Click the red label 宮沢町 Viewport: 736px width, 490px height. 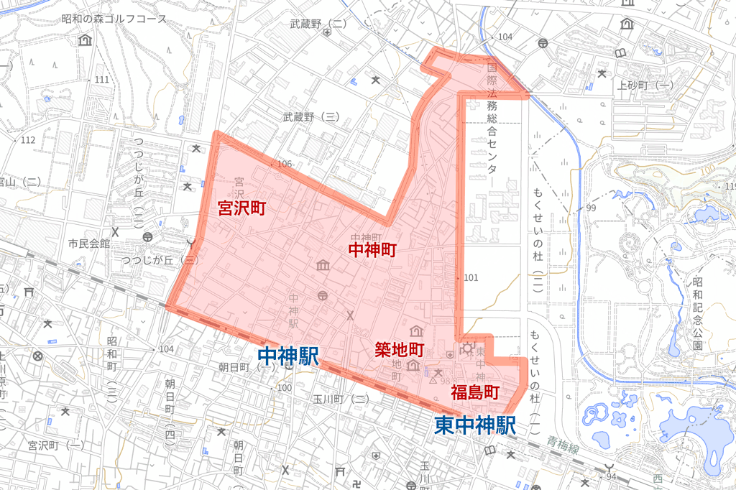pyautogui.click(x=242, y=209)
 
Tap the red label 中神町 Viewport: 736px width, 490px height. pyautogui.click(x=372, y=249)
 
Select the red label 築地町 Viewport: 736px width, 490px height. pyautogui.click(x=400, y=351)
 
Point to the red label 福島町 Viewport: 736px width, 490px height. pyautogui.click(x=474, y=392)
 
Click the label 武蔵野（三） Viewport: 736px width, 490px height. pyautogui.click(x=310, y=116)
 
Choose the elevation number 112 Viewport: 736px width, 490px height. pyautogui.click(x=28, y=139)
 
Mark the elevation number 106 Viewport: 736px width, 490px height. pyautogui.click(x=285, y=164)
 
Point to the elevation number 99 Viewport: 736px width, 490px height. pyautogui.click(x=591, y=208)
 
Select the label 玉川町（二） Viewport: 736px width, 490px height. pyautogui.click(x=341, y=399)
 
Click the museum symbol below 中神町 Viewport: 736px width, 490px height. pyautogui.click(x=323, y=267)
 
